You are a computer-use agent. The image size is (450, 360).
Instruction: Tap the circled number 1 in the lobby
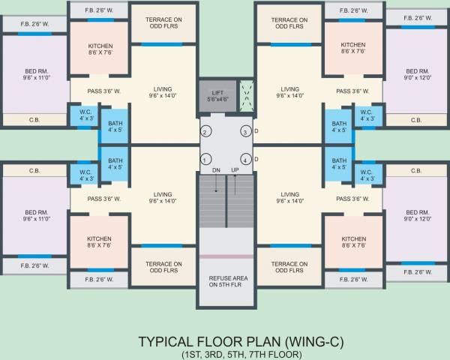click(204, 160)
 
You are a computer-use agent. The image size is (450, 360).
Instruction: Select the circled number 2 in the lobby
click(204, 133)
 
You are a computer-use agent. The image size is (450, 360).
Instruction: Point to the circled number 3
click(244, 133)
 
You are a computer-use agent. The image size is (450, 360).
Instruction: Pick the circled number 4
click(244, 160)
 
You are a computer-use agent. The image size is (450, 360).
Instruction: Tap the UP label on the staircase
click(235, 171)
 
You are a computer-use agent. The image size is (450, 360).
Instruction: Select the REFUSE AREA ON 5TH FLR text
click(224, 282)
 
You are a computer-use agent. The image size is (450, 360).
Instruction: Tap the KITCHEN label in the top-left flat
click(100, 49)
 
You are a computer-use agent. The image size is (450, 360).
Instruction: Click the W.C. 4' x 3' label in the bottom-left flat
click(86, 175)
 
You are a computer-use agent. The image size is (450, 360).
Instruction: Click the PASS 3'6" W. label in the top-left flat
click(103, 92)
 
